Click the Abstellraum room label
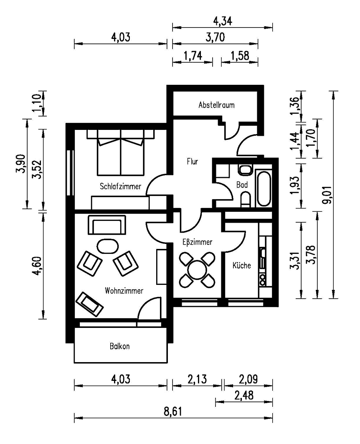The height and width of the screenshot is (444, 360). pyautogui.click(x=216, y=105)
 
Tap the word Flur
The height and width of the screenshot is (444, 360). pyautogui.click(x=192, y=161)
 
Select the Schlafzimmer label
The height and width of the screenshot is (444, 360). pyautogui.click(x=120, y=186)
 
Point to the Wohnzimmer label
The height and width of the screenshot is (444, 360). pyautogui.click(x=124, y=291)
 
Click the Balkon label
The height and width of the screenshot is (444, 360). pyautogui.click(x=120, y=346)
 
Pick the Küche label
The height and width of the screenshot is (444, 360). pyautogui.click(x=242, y=265)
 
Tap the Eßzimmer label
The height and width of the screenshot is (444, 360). pyautogui.click(x=197, y=242)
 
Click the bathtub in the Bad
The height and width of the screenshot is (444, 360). pyautogui.click(x=264, y=188)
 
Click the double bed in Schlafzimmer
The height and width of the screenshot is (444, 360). pyautogui.click(x=121, y=152)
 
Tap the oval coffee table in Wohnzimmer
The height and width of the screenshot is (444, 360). pyautogui.click(x=108, y=246)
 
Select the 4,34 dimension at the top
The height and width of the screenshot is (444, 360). pyautogui.click(x=223, y=21)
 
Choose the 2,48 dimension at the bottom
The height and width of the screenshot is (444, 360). pyautogui.click(x=244, y=396)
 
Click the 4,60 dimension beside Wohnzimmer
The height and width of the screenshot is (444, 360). pyautogui.click(x=37, y=266)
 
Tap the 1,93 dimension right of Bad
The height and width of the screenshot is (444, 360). pyautogui.click(x=294, y=185)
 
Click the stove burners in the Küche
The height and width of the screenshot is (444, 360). pyautogui.click(x=263, y=279)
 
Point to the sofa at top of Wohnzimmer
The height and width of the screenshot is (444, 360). pyautogui.click(x=107, y=225)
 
